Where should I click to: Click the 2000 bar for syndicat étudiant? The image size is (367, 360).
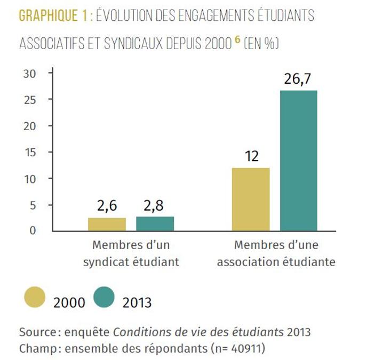coord(107,224)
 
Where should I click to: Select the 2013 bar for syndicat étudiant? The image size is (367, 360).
coord(155,223)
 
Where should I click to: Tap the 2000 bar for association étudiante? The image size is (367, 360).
coord(251,199)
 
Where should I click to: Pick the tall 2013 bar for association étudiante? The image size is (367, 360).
coord(299,160)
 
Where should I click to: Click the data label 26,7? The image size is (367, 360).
coord(298,80)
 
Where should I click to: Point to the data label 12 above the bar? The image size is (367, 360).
coord(251,157)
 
